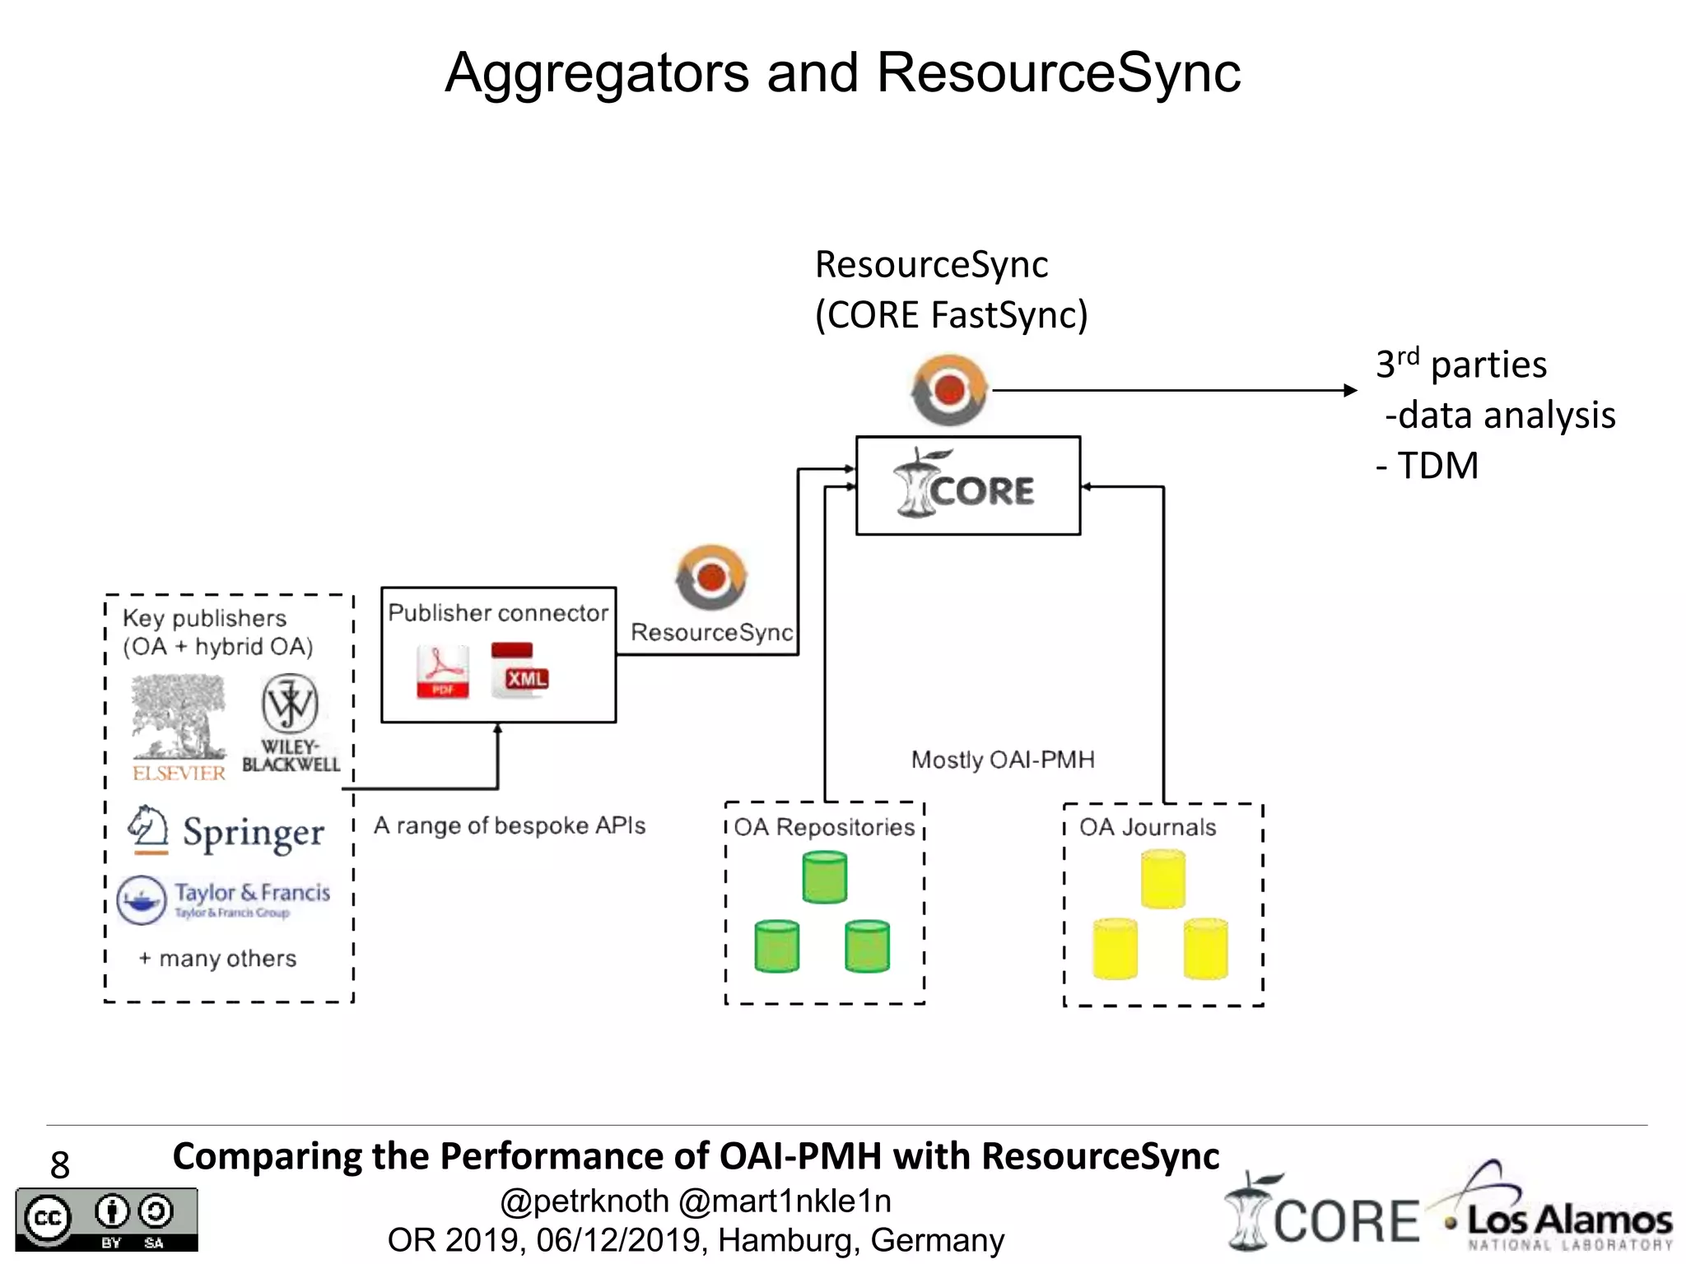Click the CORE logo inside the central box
point(965,486)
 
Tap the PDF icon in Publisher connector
point(443,671)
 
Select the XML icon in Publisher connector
point(519,671)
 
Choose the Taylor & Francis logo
point(224,899)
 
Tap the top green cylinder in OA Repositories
point(824,877)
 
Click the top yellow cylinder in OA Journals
point(1162,880)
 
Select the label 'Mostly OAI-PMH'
point(1002,760)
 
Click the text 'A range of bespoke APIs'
point(510,825)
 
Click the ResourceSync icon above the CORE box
point(949,390)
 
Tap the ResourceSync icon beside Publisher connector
point(711,578)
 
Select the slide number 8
point(60,1164)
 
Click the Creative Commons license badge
point(106,1219)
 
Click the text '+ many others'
point(218,959)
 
